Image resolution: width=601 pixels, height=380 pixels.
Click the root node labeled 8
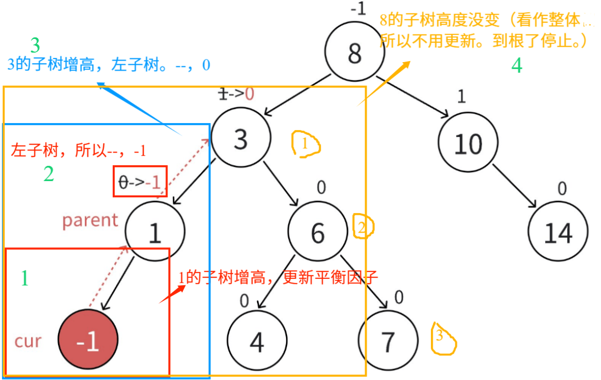coord(354,51)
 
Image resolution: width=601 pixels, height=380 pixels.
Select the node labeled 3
coord(241,138)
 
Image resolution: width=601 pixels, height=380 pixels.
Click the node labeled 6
coord(318,232)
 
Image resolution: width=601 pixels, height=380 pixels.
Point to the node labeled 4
coord(257,341)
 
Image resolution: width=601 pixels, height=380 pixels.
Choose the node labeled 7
coord(387,341)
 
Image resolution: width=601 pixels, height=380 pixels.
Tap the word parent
coord(90,220)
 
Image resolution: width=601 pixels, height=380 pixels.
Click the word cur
coord(28,341)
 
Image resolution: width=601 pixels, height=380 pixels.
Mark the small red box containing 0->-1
coord(140,182)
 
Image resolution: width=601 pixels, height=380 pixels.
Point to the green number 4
coord(517,65)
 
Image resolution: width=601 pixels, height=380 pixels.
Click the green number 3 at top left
coord(35,46)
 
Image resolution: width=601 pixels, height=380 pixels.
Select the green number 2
coord(48,174)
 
